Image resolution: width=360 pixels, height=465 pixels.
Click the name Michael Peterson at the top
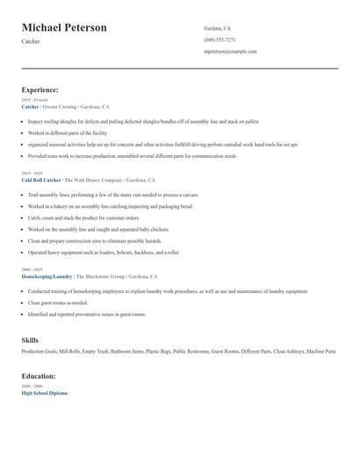pyautogui.click(x=64, y=28)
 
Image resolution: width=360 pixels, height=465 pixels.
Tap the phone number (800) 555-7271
pyautogui.click(x=220, y=39)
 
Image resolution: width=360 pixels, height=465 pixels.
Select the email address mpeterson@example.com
pyautogui.click(x=230, y=51)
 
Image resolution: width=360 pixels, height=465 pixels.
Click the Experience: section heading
pyautogui.click(x=40, y=89)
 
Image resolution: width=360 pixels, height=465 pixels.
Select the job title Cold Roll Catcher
pyautogui.click(x=41, y=179)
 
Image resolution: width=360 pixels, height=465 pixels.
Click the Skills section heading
pyautogui.click(x=30, y=340)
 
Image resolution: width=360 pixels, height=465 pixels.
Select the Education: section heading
pyautogui.click(x=39, y=376)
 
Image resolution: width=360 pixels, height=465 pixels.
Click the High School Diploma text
pyautogui.click(x=44, y=393)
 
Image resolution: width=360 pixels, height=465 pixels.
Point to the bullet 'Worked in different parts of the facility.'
pyautogui.click(x=75, y=133)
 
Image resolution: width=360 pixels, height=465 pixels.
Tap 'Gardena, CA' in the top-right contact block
pyautogui.click(x=218, y=28)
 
